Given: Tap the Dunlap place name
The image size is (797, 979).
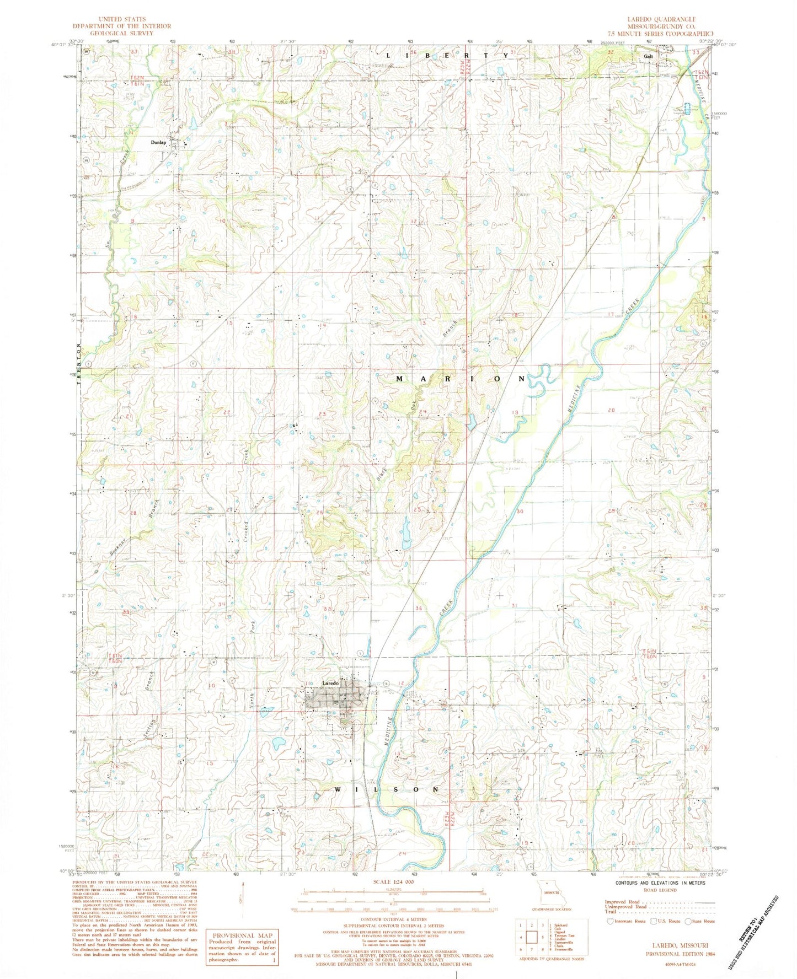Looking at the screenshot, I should tap(158, 142).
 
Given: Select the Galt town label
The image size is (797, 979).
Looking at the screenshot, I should tap(648, 56).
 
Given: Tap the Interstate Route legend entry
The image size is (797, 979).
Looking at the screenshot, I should tap(629, 921).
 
